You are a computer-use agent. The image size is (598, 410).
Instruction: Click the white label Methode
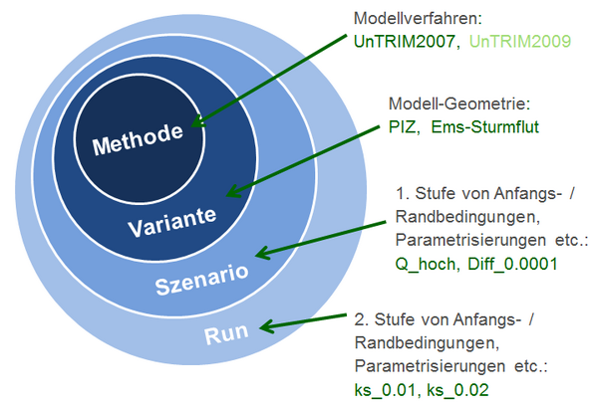click(x=138, y=139)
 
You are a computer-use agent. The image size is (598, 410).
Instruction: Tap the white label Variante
click(x=172, y=222)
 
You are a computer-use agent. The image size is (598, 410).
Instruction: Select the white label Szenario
click(x=201, y=279)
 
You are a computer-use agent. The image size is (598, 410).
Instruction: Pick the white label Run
click(x=226, y=333)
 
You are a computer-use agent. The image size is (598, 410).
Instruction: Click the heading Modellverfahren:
click(x=418, y=18)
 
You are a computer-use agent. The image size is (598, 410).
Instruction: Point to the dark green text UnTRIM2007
click(x=405, y=41)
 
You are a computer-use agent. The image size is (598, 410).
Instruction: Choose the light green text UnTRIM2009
click(x=520, y=41)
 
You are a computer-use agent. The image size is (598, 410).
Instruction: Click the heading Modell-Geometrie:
click(x=459, y=103)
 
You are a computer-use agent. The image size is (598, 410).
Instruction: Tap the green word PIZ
click(x=402, y=126)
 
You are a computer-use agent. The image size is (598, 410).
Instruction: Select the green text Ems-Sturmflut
click(x=484, y=126)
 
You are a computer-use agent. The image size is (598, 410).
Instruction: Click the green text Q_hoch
click(x=426, y=264)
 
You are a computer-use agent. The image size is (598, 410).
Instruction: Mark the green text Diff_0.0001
click(x=512, y=264)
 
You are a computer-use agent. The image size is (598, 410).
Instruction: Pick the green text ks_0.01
click(x=384, y=390)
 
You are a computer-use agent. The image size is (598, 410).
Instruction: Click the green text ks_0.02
click(x=457, y=390)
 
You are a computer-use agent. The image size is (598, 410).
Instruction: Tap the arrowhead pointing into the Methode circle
click(x=198, y=121)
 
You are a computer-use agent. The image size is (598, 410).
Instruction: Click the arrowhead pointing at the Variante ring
click(x=233, y=191)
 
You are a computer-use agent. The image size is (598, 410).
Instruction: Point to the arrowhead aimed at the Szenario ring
click(x=263, y=253)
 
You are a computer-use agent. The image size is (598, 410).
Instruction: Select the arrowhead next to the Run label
click(x=267, y=326)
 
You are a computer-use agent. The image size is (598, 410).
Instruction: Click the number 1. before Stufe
click(x=403, y=193)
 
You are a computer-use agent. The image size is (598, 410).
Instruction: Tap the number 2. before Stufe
click(x=361, y=319)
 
